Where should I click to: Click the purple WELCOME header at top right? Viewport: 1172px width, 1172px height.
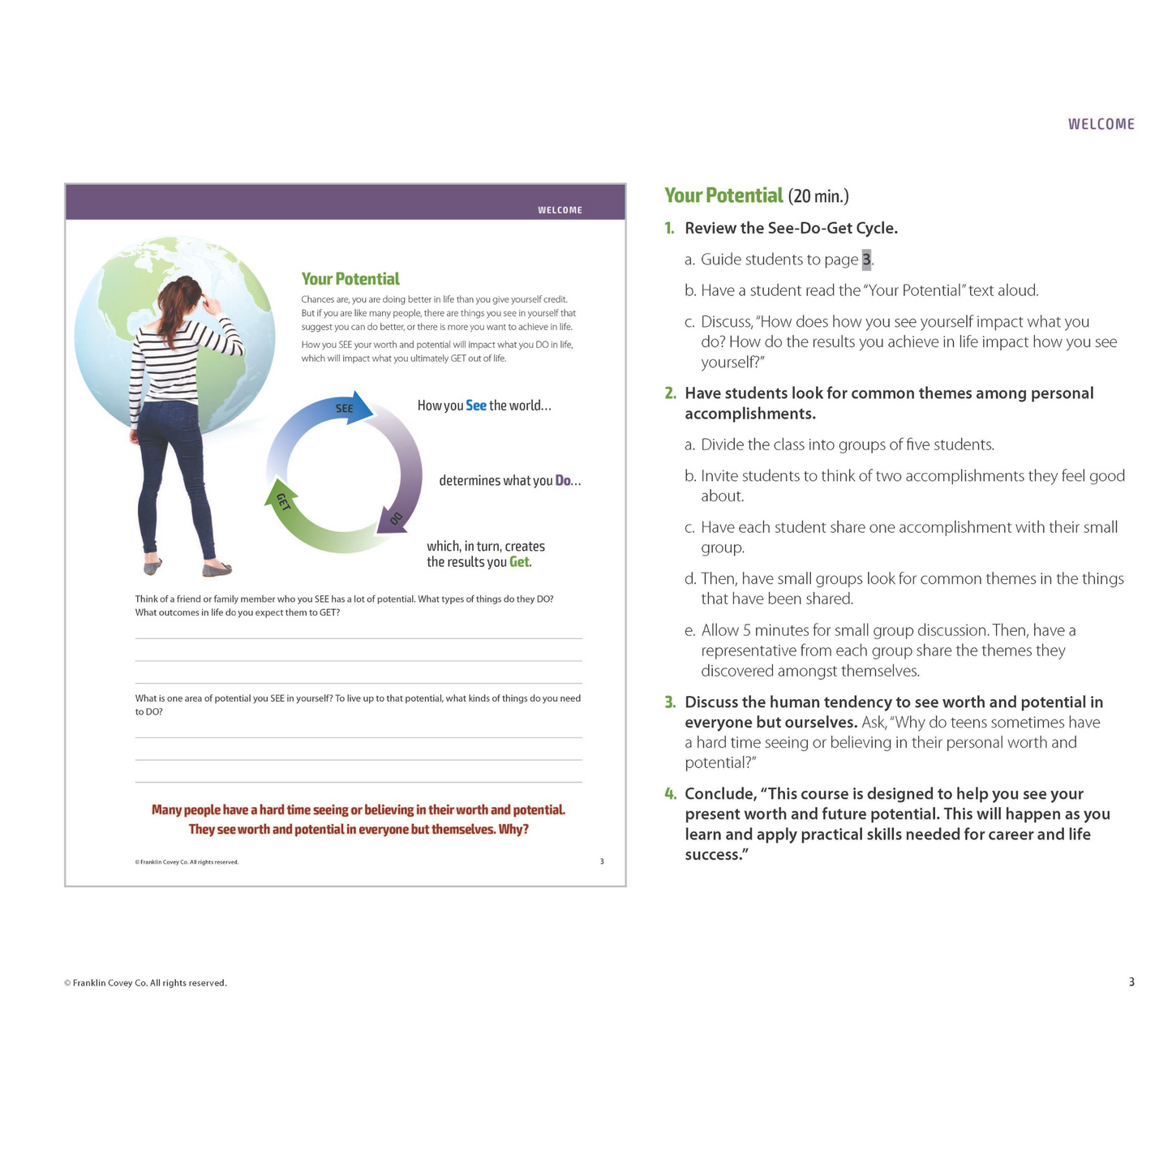pyautogui.click(x=1101, y=124)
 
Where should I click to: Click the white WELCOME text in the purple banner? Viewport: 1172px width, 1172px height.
pyautogui.click(x=560, y=210)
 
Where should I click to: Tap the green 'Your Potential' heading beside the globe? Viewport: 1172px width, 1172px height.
pyautogui.click(x=350, y=279)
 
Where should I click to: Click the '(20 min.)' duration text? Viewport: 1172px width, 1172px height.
pyautogui.click(x=818, y=196)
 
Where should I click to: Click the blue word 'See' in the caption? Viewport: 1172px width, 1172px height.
pyautogui.click(x=476, y=406)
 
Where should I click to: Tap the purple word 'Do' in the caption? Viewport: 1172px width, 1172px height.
pyautogui.click(x=563, y=481)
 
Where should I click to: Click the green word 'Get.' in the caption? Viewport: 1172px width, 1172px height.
pyautogui.click(x=520, y=562)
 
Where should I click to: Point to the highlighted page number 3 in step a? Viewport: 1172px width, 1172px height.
pyautogui.click(x=866, y=260)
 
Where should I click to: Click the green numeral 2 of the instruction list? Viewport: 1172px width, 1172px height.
pyautogui.click(x=670, y=393)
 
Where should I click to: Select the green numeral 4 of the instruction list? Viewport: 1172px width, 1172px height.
pyautogui.click(x=670, y=794)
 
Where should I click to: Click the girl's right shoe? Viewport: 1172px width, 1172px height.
pyautogui.click(x=217, y=570)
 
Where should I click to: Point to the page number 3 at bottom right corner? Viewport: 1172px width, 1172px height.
pyautogui.click(x=1131, y=982)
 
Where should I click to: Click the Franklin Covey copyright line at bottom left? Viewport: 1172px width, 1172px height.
pyautogui.click(x=145, y=983)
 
